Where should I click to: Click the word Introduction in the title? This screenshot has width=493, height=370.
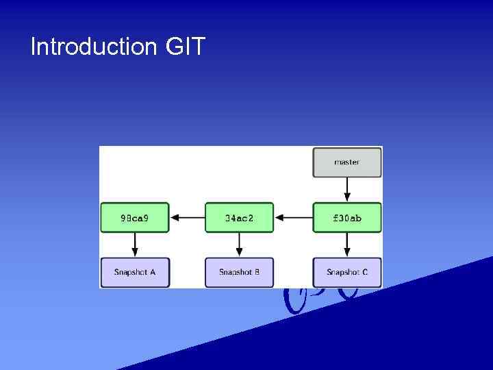click(x=94, y=47)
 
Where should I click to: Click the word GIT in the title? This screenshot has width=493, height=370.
click(x=185, y=47)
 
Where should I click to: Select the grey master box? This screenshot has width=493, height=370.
click(x=347, y=162)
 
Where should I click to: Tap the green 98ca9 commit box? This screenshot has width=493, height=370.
click(x=135, y=218)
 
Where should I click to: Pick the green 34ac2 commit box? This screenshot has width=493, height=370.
click(x=239, y=218)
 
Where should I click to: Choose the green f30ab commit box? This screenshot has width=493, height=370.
click(x=347, y=218)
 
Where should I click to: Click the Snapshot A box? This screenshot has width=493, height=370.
click(x=135, y=272)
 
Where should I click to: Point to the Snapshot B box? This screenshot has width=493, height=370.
click(x=239, y=272)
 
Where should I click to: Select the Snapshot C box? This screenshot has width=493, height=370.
click(x=347, y=272)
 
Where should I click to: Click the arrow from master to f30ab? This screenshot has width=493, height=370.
click(x=347, y=189)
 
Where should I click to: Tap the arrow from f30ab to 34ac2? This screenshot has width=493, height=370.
click(x=293, y=218)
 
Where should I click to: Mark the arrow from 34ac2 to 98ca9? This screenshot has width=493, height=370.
click(x=187, y=218)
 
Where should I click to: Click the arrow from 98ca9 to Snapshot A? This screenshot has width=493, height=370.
click(x=135, y=245)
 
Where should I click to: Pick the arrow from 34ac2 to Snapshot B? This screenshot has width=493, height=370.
click(x=239, y=245)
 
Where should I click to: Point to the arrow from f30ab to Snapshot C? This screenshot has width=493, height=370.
click(x=347, y=245)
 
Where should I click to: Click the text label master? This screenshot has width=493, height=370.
click(x=347, y=162)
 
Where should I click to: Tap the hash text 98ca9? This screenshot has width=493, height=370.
click(x=135, y=219)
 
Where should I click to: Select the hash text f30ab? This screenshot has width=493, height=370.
click(x=347, y=219)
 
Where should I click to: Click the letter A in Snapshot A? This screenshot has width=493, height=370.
click(x=152, y=272)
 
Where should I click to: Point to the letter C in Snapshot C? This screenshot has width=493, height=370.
click(x=365, y=272)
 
